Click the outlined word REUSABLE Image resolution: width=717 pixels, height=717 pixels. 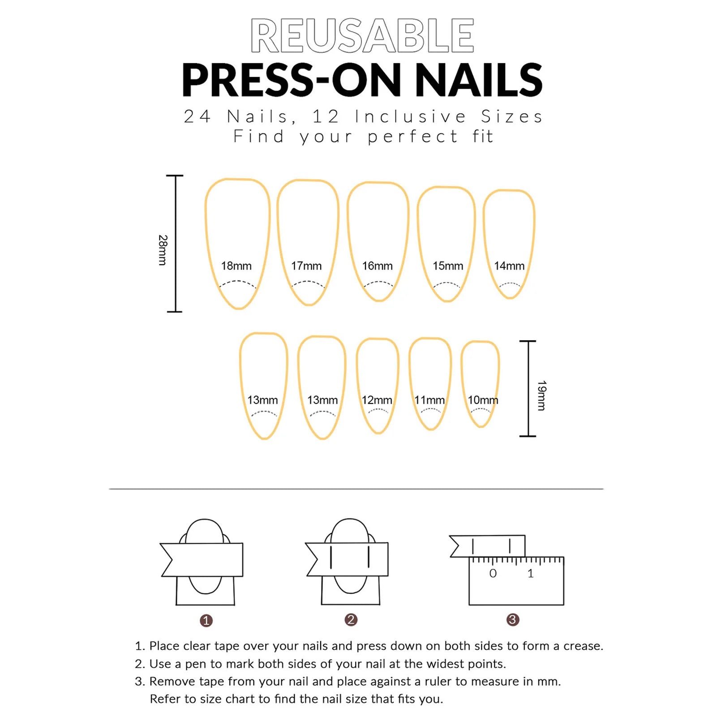(x=362, y=36)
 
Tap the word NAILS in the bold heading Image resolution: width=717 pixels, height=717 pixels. (x=478, y=80)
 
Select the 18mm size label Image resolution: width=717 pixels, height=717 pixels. (x=236, y=266)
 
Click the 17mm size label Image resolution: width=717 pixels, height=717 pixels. (x=306, y=266)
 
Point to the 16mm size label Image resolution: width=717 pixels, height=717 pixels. (x=377, y=266)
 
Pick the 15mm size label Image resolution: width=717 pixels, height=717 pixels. (x=447, y=266)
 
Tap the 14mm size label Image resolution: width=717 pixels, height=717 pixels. (x=509, y=266)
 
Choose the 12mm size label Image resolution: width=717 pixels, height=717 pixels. (x=377, y=400)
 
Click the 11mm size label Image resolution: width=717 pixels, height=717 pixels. (x=429, y=400)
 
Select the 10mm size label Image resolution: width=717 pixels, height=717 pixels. (x=482, y=400)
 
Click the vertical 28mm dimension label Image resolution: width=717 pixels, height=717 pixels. (x=163, y=250)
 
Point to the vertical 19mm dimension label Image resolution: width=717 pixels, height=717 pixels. (x=541, y=395)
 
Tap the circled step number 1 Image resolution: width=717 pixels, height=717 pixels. (x=206, y=621)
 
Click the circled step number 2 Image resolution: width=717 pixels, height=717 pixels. (x=351, y=620)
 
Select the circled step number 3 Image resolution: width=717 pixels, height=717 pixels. (x=512, y=620)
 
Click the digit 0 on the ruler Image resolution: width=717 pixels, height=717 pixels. (x=493, y=573)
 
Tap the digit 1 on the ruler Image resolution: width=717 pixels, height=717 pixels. (x=530, y=573)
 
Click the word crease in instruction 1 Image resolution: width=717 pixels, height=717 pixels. (x=582, y=646)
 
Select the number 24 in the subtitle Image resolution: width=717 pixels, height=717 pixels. (x=197, y=116)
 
